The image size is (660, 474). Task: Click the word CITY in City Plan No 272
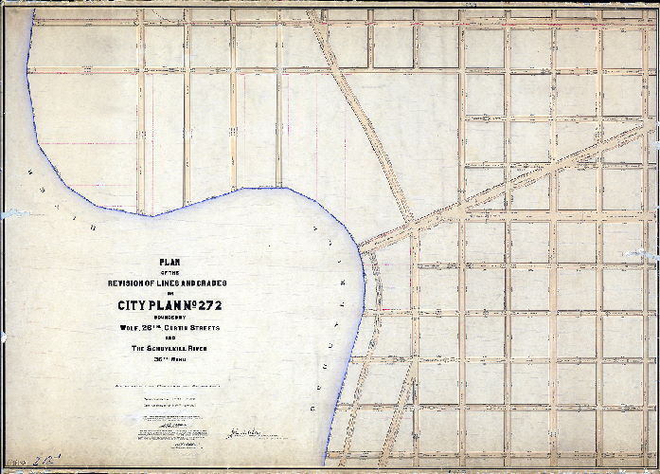point(134,305)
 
